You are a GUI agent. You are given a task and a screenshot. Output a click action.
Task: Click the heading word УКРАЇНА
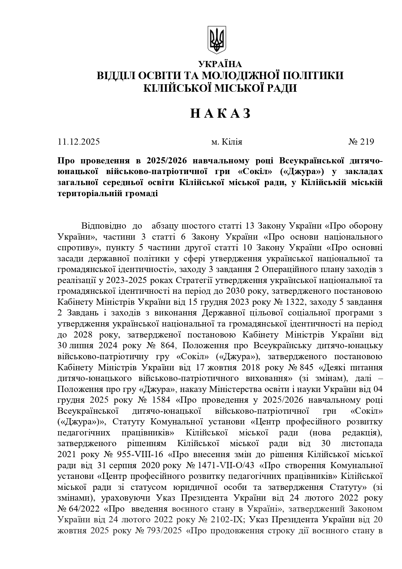pos(220,64)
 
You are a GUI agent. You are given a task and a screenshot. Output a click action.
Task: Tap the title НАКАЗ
pos(220,113)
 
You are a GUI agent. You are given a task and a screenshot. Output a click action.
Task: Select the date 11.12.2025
pos(78,142)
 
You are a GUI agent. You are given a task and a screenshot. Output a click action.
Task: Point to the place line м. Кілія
pos(227,142)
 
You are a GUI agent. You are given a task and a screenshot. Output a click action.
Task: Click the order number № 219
pos(361,142)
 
